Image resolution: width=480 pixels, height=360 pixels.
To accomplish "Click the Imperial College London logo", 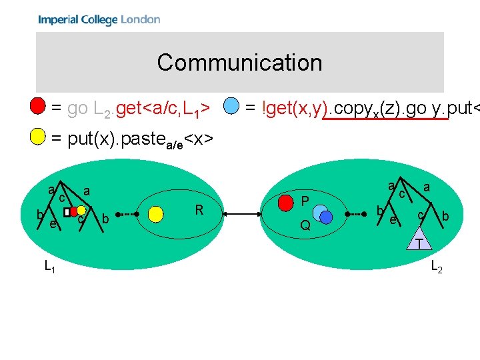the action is pos(99,19).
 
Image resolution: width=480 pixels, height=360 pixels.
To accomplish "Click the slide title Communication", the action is pos(239,63).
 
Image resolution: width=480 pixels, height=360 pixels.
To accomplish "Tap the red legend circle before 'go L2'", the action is pos(39,106).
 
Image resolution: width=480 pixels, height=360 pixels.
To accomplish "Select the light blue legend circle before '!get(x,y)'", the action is pos(231,106).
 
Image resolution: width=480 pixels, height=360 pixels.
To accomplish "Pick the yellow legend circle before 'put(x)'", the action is pos(39,138).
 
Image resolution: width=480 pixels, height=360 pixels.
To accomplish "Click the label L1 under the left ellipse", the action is pos(49,267).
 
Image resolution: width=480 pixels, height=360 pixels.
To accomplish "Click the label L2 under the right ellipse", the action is pos(437,267).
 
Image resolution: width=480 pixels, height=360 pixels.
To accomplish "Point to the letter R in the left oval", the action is pos(199,211).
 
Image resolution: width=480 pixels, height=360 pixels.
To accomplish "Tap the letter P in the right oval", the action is pos(305,201).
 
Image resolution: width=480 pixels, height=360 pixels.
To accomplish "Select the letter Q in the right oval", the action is pos(305,225).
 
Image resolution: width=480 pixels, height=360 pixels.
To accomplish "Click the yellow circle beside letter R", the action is pos(156,213).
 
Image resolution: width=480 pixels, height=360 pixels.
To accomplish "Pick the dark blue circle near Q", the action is pos(326,217).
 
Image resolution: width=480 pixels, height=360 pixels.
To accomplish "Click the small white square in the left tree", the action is pos(67,212).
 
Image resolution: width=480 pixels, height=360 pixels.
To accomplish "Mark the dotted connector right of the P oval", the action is pos(354,214).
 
